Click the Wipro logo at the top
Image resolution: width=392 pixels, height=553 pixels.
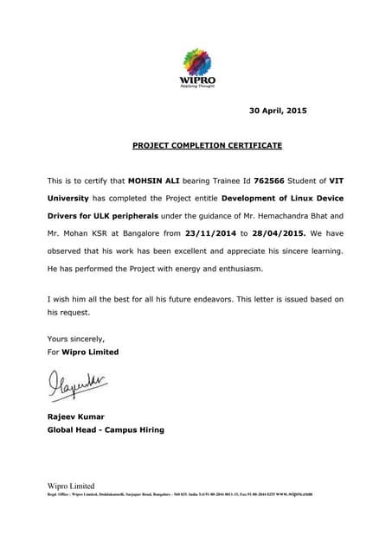point(197,68)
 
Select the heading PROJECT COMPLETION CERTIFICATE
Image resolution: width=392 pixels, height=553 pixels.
point(207,146)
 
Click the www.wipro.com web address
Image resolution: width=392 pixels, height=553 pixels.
point(294,494)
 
